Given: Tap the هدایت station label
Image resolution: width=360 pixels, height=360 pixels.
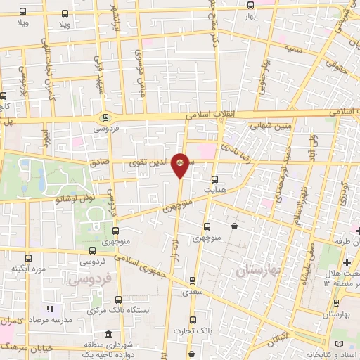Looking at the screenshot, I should (x=214, y=191).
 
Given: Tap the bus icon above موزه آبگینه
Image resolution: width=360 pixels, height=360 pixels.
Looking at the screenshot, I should (x=28, y=258).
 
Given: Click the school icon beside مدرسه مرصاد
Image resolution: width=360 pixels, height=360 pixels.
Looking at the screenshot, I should (x=49, y=309).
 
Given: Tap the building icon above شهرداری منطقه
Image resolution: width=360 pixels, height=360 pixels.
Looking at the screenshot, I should (x=108, y=335).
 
